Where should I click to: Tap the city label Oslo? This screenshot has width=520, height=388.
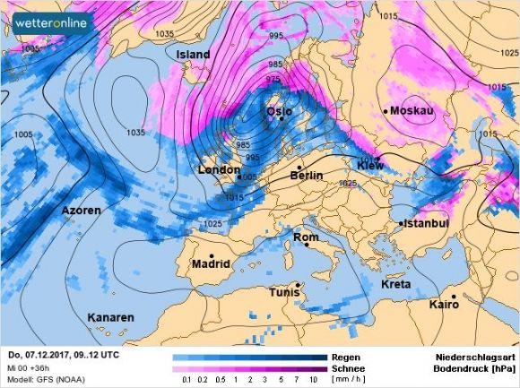click(x=280, y=111)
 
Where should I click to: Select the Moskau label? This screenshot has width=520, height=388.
click(x=413, y=110)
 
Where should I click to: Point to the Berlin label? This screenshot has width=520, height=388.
click(x=306, y=177)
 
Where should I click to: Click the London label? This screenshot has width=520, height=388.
click(x=218, y=169)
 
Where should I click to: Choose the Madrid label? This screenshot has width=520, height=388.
click(x=212, y=264)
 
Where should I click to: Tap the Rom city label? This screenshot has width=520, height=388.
click(x=307, y=237)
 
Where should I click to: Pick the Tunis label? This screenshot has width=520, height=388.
click(x=288, y=292)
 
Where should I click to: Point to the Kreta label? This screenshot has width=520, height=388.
click(x=396, y=284)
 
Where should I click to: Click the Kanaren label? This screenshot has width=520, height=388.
click(x=110, y=317)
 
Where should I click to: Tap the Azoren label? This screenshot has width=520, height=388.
click(x=82, y=211)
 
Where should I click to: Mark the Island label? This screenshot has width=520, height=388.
click(x=193, y=55)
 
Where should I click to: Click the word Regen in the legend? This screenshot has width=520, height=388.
click(x=345, y=356)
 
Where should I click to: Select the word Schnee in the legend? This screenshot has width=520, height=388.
click(x=348, y=367)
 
